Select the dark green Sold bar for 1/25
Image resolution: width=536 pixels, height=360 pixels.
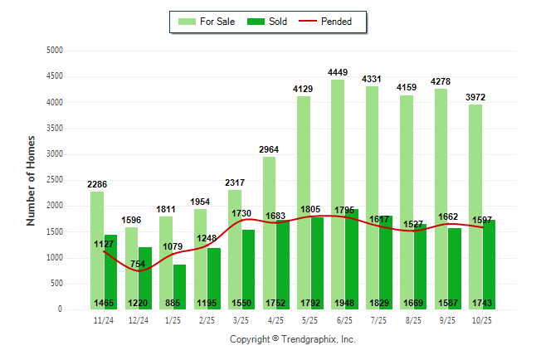(x=180, y=286)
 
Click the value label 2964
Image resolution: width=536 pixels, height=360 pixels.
(x=270, y=148)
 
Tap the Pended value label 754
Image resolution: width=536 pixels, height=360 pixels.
(x=137, y=264)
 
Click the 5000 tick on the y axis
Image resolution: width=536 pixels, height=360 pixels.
(x=55, y=51)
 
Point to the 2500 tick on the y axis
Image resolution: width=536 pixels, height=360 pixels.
(x=55, y=180)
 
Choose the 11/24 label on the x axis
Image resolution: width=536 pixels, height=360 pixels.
(x=104, y=319)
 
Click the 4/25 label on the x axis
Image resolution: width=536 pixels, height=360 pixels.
(x=275, y=319)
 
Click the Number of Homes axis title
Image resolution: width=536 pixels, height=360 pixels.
(x=32, y=180)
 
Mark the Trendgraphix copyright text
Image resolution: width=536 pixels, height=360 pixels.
(x=292, y=339)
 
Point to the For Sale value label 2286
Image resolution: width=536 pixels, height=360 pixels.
(x=98, y=183)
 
